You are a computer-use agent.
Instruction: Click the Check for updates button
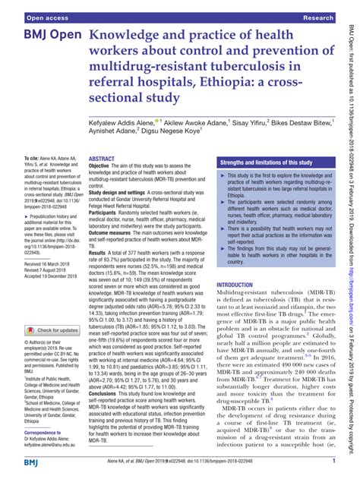click(55, 309)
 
